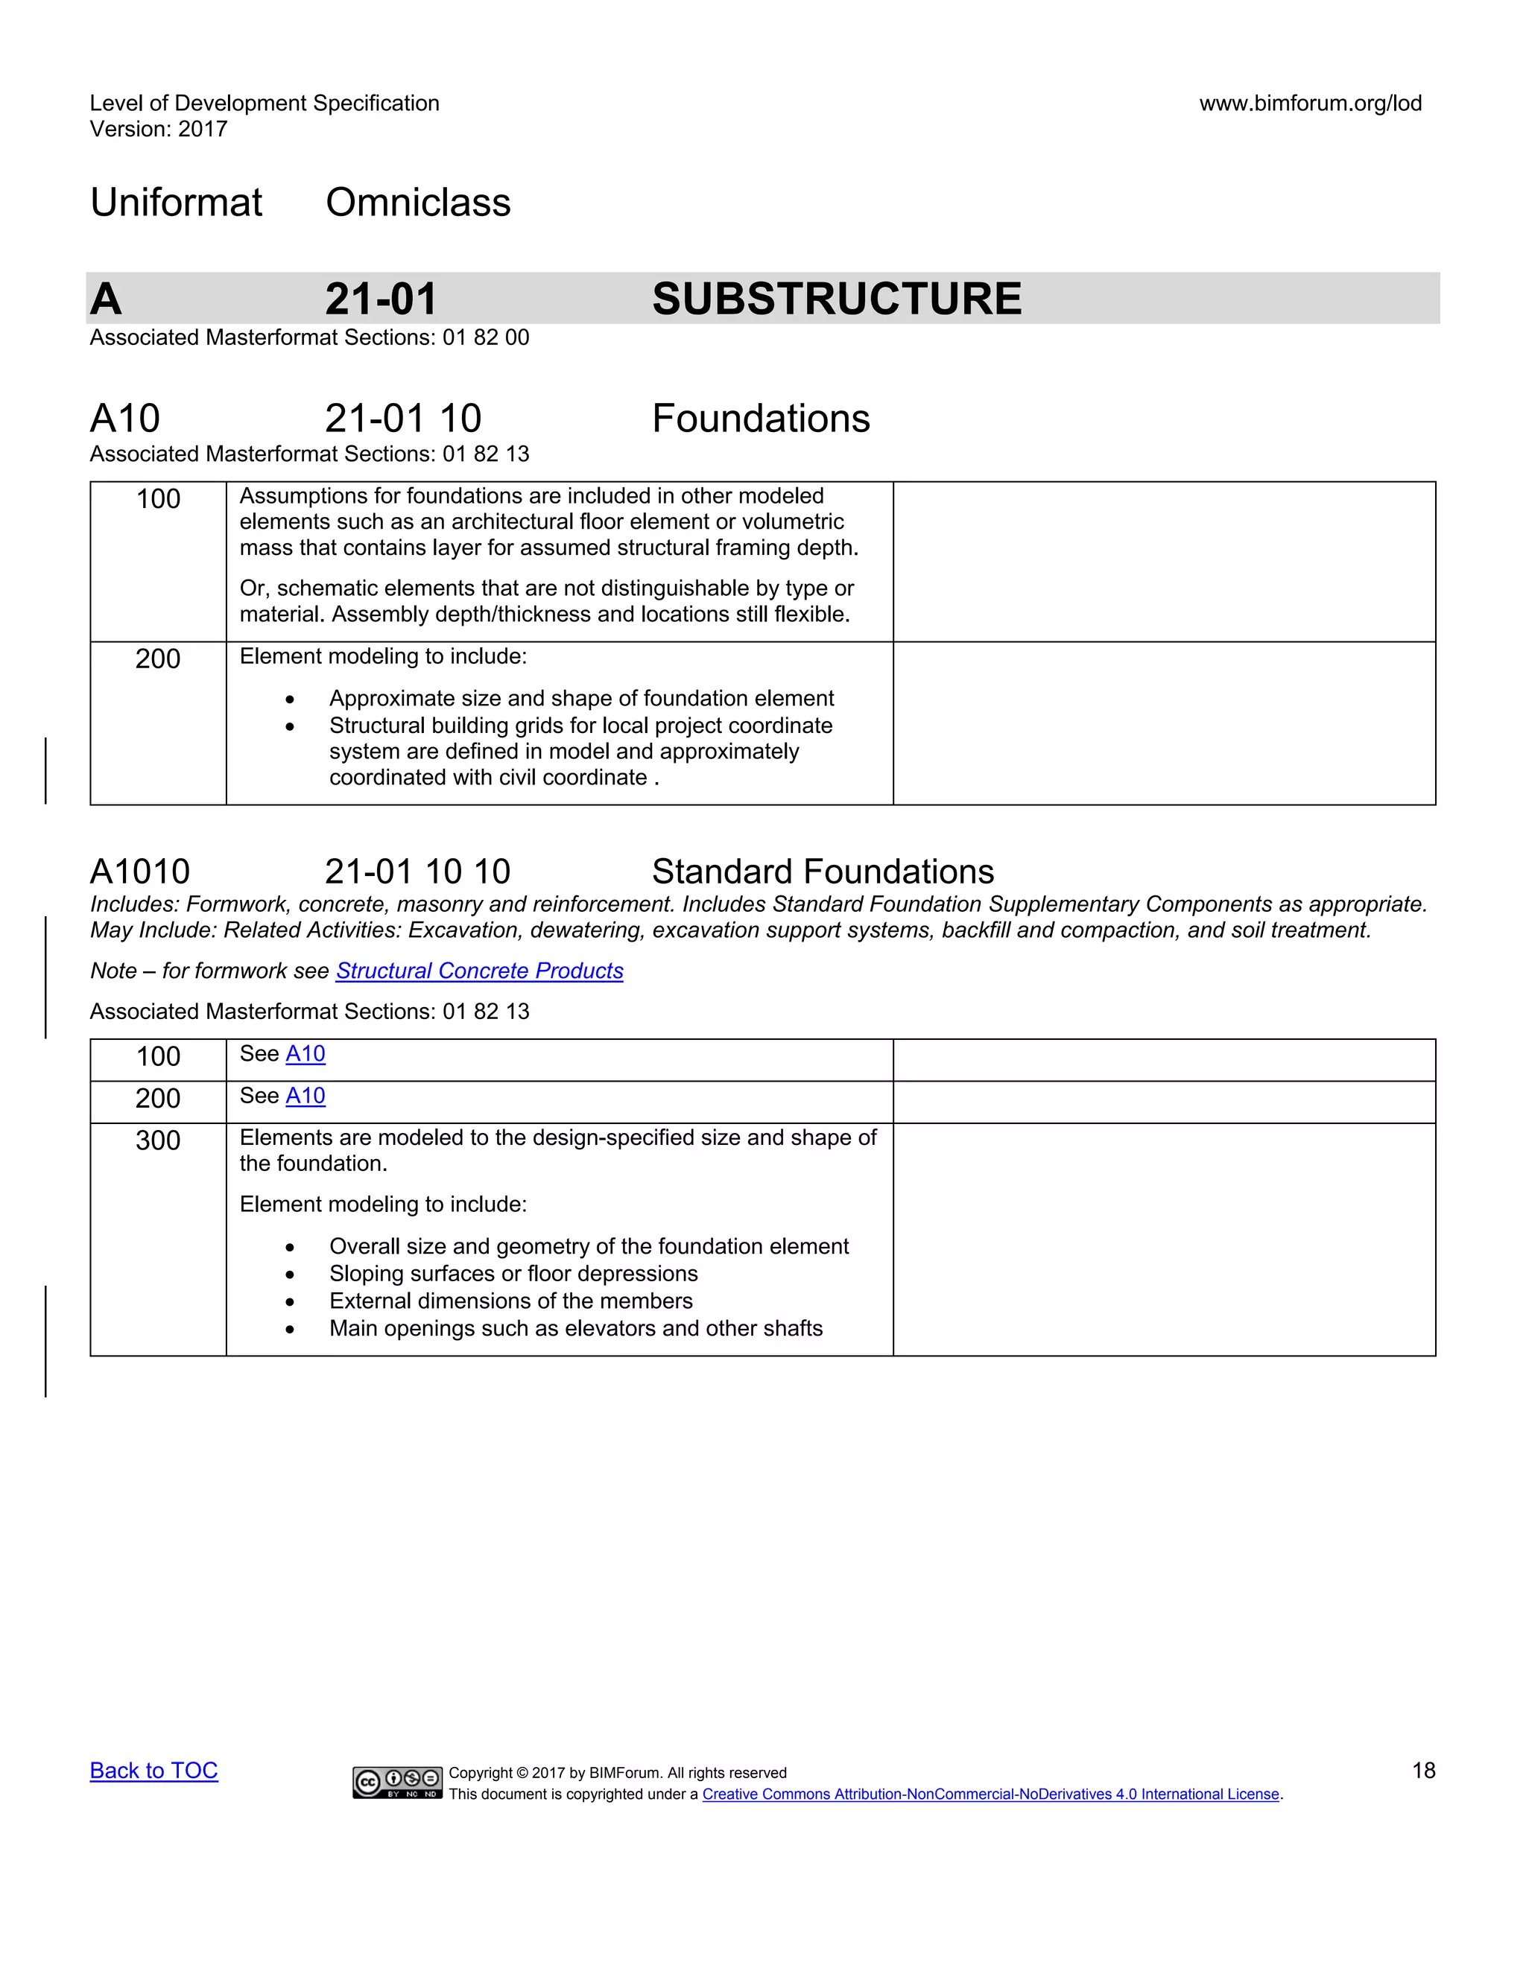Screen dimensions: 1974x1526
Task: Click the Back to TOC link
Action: pos(153,1771)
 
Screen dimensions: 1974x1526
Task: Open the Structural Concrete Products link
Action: pos(479,971)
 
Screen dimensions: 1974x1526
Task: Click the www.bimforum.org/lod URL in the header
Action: pos(1310,103)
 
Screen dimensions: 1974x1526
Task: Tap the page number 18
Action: pos(1423,1771)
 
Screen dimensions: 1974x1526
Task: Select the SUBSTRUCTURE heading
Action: pos(836,299)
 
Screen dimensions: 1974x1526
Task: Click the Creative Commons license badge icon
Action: pos(397,1783)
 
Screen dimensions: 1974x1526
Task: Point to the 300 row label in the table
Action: pos(158,1140)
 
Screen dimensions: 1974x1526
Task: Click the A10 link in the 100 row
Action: pos(305,1054)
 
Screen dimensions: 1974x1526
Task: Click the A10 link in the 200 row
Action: pos(305,1097)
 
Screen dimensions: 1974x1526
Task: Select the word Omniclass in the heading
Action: pos(418,203)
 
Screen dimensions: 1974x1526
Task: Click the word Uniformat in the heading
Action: pos(177,203)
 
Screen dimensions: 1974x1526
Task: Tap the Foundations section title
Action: pos(760,419)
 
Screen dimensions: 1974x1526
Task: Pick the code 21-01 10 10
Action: pos(418,872)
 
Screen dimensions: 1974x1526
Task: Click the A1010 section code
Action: pos(140,872)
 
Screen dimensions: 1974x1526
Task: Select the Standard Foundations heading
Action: pos(823,872)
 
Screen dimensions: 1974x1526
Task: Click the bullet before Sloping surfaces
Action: pos(289,1275)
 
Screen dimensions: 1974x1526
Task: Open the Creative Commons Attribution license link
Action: pos(990,1794)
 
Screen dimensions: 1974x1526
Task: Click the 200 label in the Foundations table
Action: pos(158,659)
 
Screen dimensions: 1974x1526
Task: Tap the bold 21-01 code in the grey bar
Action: pos(381,299)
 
